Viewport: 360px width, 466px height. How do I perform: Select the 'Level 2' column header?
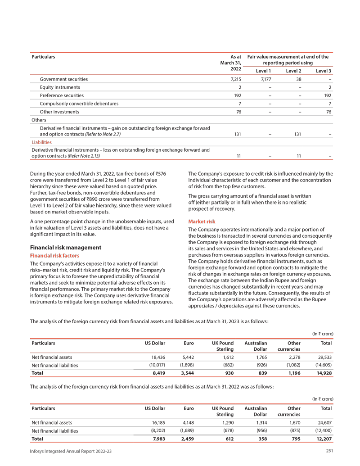click(293, 71)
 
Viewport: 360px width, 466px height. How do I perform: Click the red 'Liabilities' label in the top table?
click(41, 142)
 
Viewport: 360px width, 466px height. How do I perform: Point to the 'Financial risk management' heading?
click(65, 248)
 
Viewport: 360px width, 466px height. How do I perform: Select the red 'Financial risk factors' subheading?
click(54, 256)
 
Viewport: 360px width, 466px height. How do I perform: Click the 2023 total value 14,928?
click(324, 373)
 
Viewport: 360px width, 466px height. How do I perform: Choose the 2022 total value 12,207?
click(324, 439)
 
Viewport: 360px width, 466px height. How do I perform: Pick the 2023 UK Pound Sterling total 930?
click(228, 373)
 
